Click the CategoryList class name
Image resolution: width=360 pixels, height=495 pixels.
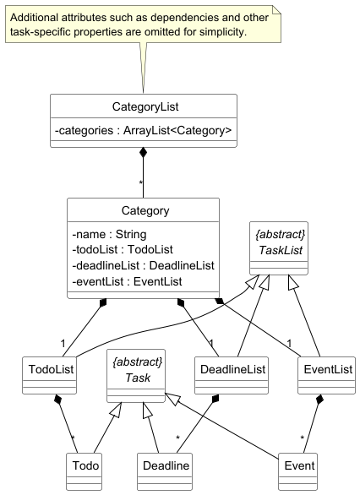(144, 106)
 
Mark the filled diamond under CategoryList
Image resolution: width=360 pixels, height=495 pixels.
(144, 153)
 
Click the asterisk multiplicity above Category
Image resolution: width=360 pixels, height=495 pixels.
(139, 183)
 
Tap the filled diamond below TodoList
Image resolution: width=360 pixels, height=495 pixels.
(57, 400)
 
